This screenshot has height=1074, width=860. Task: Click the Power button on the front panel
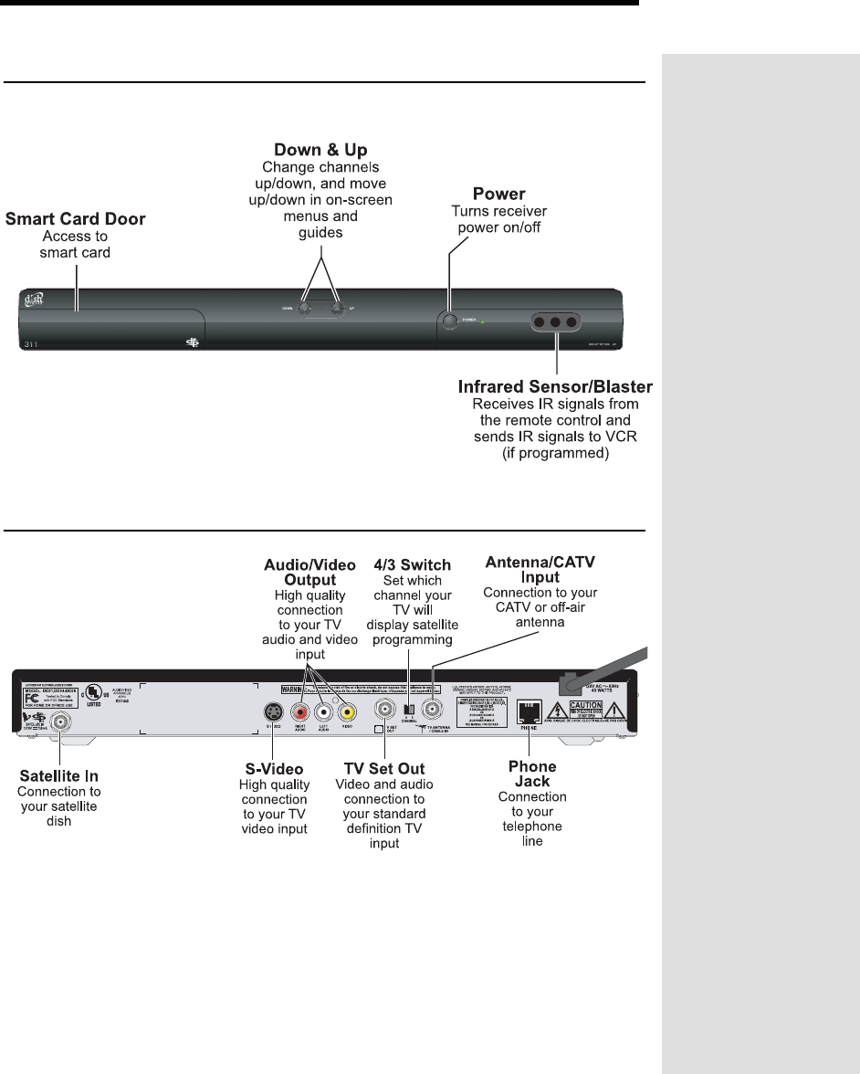448,321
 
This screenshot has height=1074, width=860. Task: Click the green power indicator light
483,322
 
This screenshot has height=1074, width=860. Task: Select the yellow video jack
346,712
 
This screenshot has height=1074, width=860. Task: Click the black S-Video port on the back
272,712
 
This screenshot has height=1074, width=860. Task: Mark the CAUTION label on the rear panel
586,705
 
